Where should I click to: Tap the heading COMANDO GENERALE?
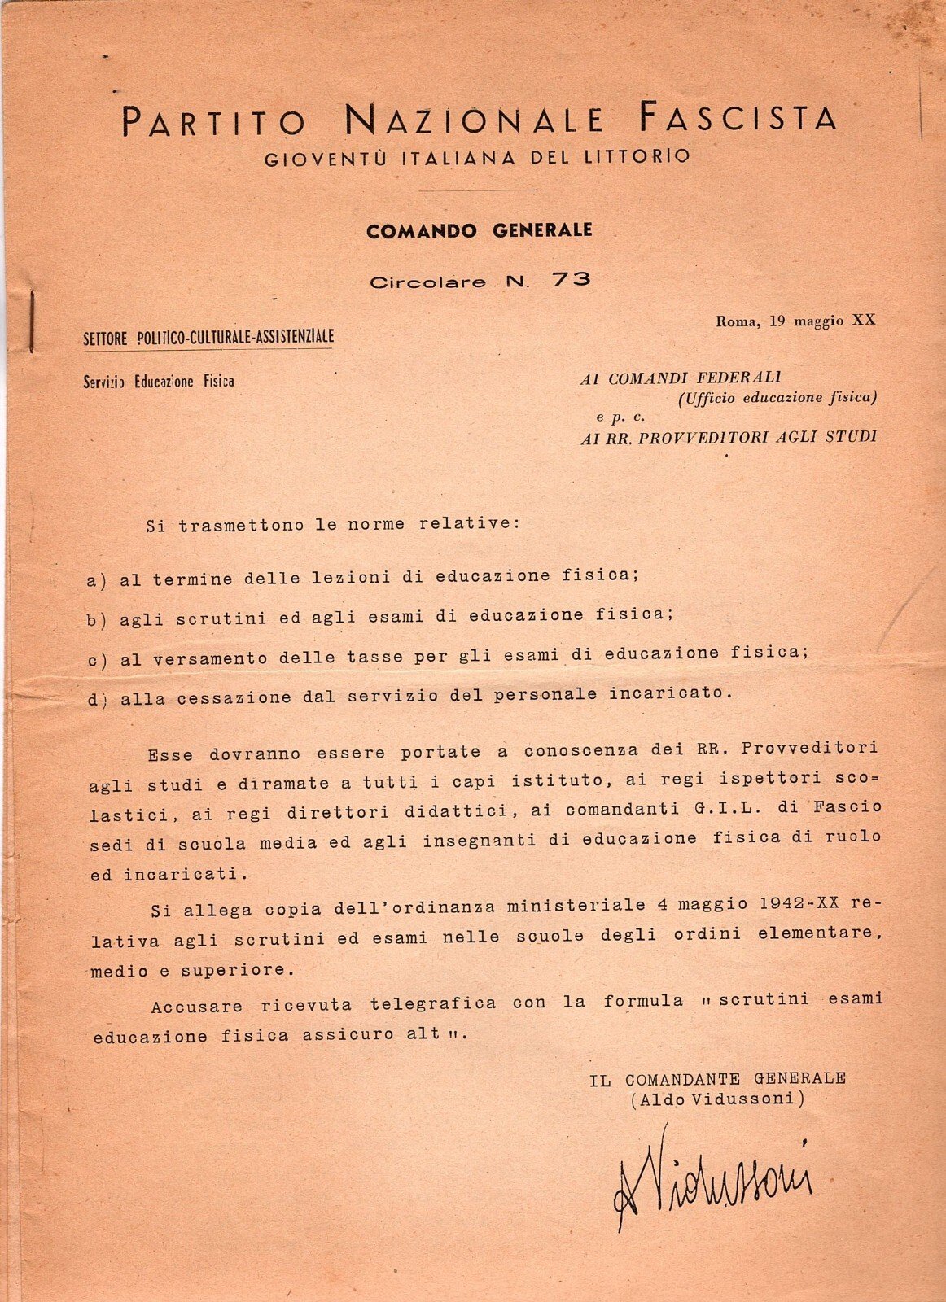tap(479, 231)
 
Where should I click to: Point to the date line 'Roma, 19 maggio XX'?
tap(795, 321)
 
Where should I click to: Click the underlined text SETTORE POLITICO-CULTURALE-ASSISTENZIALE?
tap(208, 338)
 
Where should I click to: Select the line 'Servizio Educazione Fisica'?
tap(159, 381)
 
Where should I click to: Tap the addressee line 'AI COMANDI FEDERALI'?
tap(680, 378)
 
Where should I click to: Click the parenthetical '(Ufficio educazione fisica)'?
tap(777, 398)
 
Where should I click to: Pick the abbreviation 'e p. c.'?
tap(620, 417)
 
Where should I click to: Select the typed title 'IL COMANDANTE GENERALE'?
tap(717, 1079)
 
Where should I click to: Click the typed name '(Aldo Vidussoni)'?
tap(717, 1099)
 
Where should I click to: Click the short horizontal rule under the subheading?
tap(477, 190)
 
